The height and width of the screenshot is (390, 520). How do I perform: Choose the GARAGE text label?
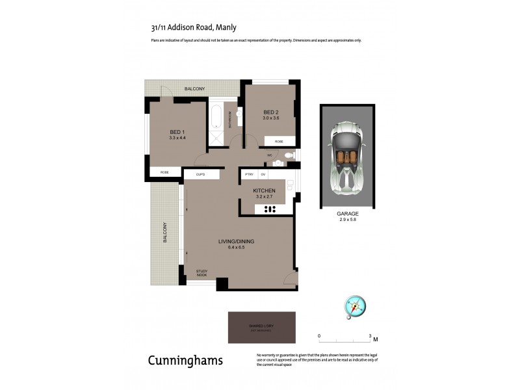(347, 213)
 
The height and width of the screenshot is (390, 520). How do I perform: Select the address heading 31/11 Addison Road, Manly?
(193, 27)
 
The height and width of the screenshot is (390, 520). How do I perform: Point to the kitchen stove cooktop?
(270, 209)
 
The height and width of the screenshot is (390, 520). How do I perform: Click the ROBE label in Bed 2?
(278, 141)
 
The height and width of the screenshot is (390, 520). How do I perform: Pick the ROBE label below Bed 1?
(165, 172)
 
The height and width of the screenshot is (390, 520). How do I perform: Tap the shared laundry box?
(261, 328)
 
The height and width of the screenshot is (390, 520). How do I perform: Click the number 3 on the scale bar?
(370, 335)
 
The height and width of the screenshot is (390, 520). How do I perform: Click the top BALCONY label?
(194, 88)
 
